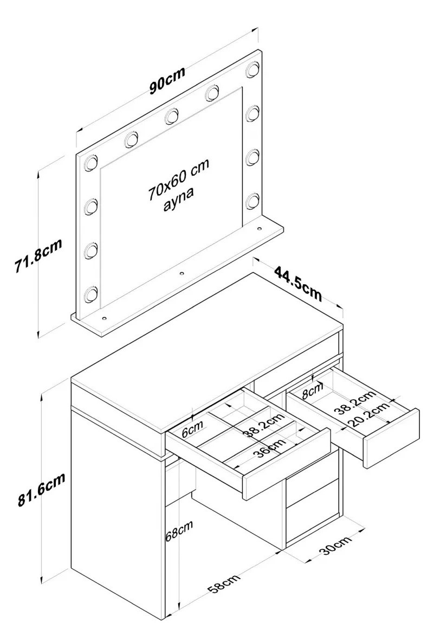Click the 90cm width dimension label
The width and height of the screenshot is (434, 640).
pyautogui.click(x=167, y=80)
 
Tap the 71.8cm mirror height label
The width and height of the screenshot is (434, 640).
pyautogui.click(x=38, y=255)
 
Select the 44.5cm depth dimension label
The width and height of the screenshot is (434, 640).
pyautogui.click(x=297, y=283)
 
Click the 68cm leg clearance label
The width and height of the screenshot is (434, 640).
pyautogui.click(x=179, y=530)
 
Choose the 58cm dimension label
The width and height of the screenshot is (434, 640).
pyautogui.click(x=224, y=583)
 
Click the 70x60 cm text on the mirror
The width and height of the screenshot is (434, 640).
pyautogui.click(x=179, y=179)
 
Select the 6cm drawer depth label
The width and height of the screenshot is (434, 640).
pyautogui.click(x=192, y=430)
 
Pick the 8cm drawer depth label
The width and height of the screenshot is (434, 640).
pyautogui.click(x=313, y=391)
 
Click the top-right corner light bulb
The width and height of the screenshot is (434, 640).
pyautogui.click(x=254, y=68)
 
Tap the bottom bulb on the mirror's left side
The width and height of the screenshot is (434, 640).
pyautogui.click(x=90, y=294)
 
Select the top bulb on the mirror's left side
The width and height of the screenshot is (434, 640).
pyautogui.click(x=90, y=163)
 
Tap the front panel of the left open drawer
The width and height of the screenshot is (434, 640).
pyautogui.click(x=287, y=463)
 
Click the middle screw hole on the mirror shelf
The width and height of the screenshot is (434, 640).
pyautogui.click(x=182, y=273)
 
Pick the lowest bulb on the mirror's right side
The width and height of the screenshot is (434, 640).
pyautogui.click(x=254, y=201)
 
